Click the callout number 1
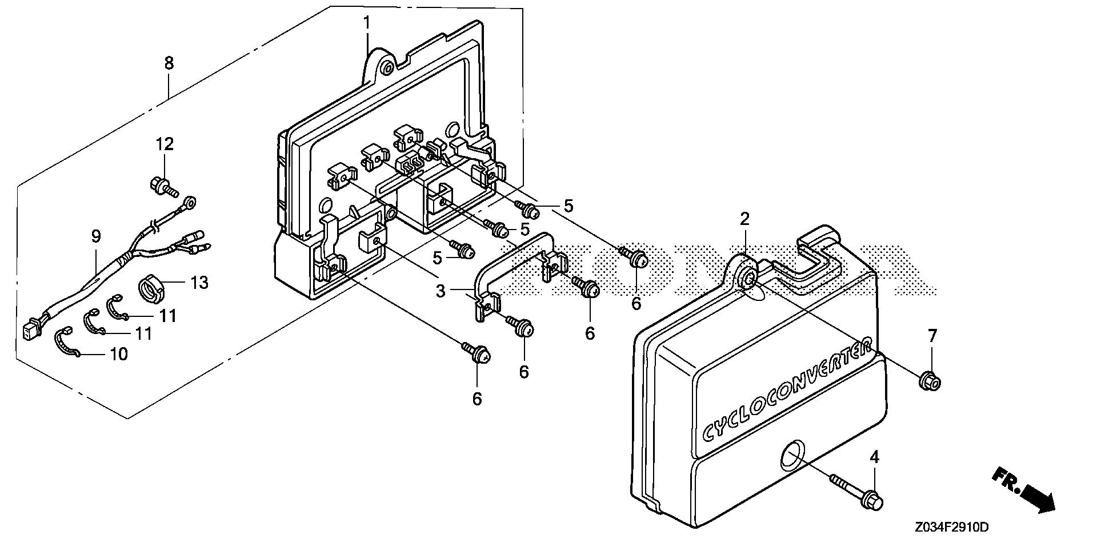coord(367,23)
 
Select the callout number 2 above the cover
coord(744,219)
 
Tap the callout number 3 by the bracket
coord(440,291)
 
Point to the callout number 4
coord(874,457)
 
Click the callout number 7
coord(932,336)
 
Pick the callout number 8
coord(169,63)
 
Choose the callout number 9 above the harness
coord(95,236)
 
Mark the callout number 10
coord(118,355)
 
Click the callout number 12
coord(165,144)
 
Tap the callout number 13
coord(200,282)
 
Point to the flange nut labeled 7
coord(930,380)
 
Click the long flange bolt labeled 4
coord(857,492)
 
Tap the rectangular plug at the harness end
coord(27,331)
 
